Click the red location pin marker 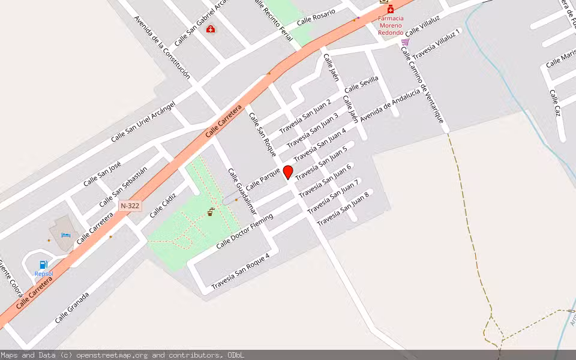click(288, 172)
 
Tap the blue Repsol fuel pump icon click(43, 265)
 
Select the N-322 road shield click(130, 205)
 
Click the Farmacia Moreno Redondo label click(391, 25)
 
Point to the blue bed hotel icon click(66, 233)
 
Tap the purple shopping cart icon click(405, 42)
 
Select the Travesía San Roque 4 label click(240, 270)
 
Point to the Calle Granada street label click(72, 307)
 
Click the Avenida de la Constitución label click(162, 47)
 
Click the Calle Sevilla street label click(361, 84)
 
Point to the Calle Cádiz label click(163, 205)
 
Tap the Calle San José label click(102, 173)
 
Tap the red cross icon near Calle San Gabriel click(211, 28)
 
